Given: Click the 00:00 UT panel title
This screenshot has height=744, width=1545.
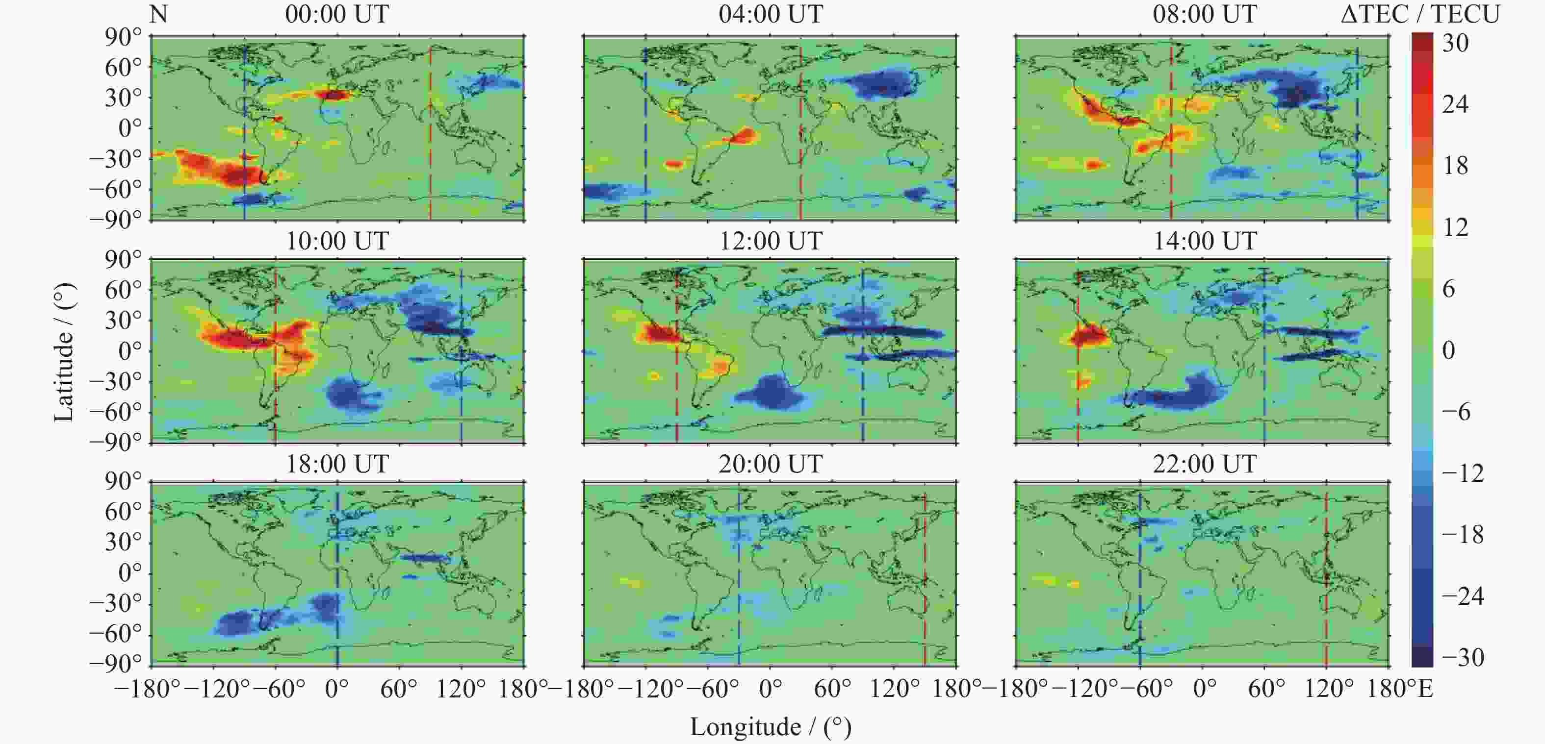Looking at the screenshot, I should tap(337, 14).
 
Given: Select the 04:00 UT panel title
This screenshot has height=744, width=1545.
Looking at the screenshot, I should tap(771, 14).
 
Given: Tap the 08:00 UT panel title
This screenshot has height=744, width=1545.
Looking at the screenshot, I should tap(1204, 14).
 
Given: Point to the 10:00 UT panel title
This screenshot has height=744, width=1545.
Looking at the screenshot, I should tap(337, 241).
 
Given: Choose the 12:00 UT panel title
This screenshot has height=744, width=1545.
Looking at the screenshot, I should tap(771, 241).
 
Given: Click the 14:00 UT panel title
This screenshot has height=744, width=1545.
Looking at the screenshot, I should tap(1204, 241).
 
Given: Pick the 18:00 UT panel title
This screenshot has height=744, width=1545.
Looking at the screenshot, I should tap(337, 464).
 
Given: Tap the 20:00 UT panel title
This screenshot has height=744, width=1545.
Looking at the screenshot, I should tap(771, 464).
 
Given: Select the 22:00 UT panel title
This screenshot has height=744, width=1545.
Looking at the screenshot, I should tap(1204, 464).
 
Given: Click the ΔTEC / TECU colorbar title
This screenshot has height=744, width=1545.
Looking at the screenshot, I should tap(1419, 14).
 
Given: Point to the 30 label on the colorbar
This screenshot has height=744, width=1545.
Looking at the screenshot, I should tap(1455, 43).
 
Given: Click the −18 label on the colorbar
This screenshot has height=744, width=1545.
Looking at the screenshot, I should tap(1462, 534).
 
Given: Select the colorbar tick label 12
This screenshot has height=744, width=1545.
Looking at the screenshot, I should tap(1455, 227).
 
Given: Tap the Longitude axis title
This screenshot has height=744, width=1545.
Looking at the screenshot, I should tap(771, 727).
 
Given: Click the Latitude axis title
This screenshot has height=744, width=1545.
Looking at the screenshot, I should tap(64, 352).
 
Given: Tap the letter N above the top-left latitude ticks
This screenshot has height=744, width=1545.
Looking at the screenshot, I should tap(158, 14).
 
